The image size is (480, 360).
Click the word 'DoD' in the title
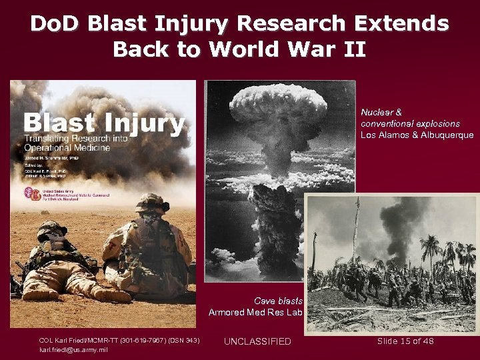(x=55, y=25)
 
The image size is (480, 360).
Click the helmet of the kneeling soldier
(x=153, y=201)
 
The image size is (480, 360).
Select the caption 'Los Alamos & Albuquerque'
(x=417, y=135)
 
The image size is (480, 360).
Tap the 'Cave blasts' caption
(x=279, y=301)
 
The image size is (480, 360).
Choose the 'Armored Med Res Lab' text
(x=255, y=312)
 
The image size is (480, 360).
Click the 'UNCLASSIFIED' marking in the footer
(x=257, y=341)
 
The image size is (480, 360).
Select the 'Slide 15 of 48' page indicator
(x=405, y=341)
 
